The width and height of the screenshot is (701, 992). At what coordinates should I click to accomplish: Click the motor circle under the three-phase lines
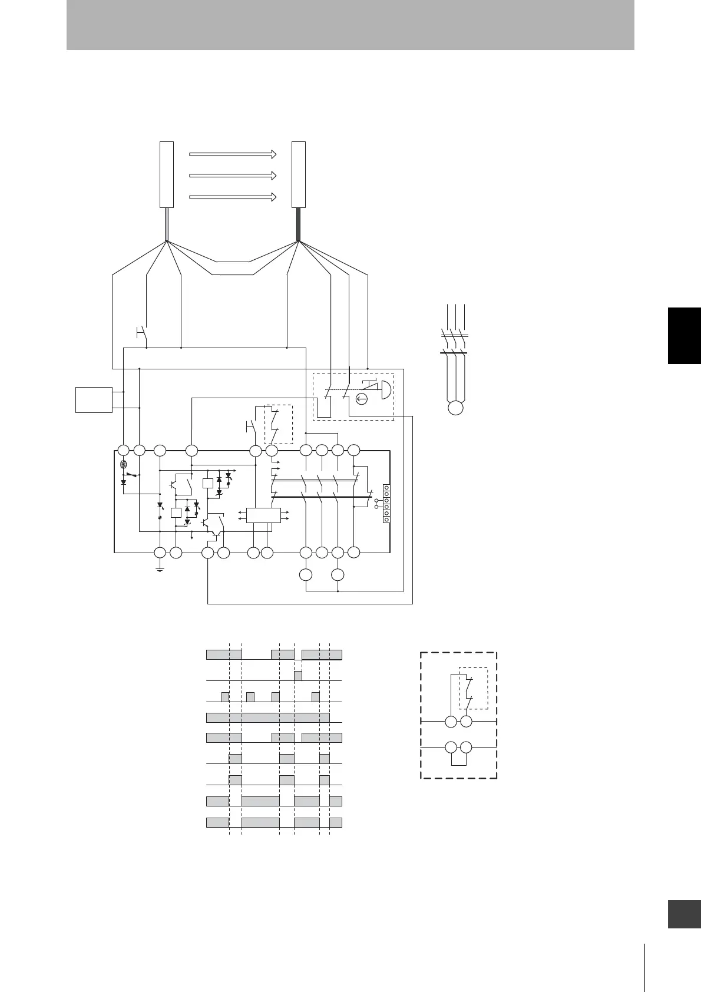click(x=455, y=408)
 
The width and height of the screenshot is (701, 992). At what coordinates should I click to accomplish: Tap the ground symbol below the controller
click(x=160, y=568)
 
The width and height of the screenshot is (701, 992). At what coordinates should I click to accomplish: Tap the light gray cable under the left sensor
click(x=167, y=224)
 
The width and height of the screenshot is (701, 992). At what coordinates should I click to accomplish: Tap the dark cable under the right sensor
click(x=299, y=224)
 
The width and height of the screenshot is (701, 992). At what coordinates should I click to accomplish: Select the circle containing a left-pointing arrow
click(x=362, y=400)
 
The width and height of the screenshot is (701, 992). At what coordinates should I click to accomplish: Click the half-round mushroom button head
click(x=386, y=390)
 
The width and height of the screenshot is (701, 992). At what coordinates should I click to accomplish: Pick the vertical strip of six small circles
click(x=386, y=504)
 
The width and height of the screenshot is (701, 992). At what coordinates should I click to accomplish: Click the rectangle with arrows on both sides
click(x=263, y=515)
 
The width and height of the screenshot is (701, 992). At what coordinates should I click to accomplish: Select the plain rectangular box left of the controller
click(x=94, y=399)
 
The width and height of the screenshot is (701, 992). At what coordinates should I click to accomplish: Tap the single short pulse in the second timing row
click(x=298, y=675)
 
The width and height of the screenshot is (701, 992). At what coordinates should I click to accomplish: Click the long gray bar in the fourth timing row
click(x=267, y=717)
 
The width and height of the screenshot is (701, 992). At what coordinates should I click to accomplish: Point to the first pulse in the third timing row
click(x=225, y=697)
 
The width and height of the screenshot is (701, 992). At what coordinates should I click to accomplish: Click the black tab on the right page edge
click(x=685, y=335)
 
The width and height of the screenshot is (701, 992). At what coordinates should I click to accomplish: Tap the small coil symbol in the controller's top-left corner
click(x=123, y=465)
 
